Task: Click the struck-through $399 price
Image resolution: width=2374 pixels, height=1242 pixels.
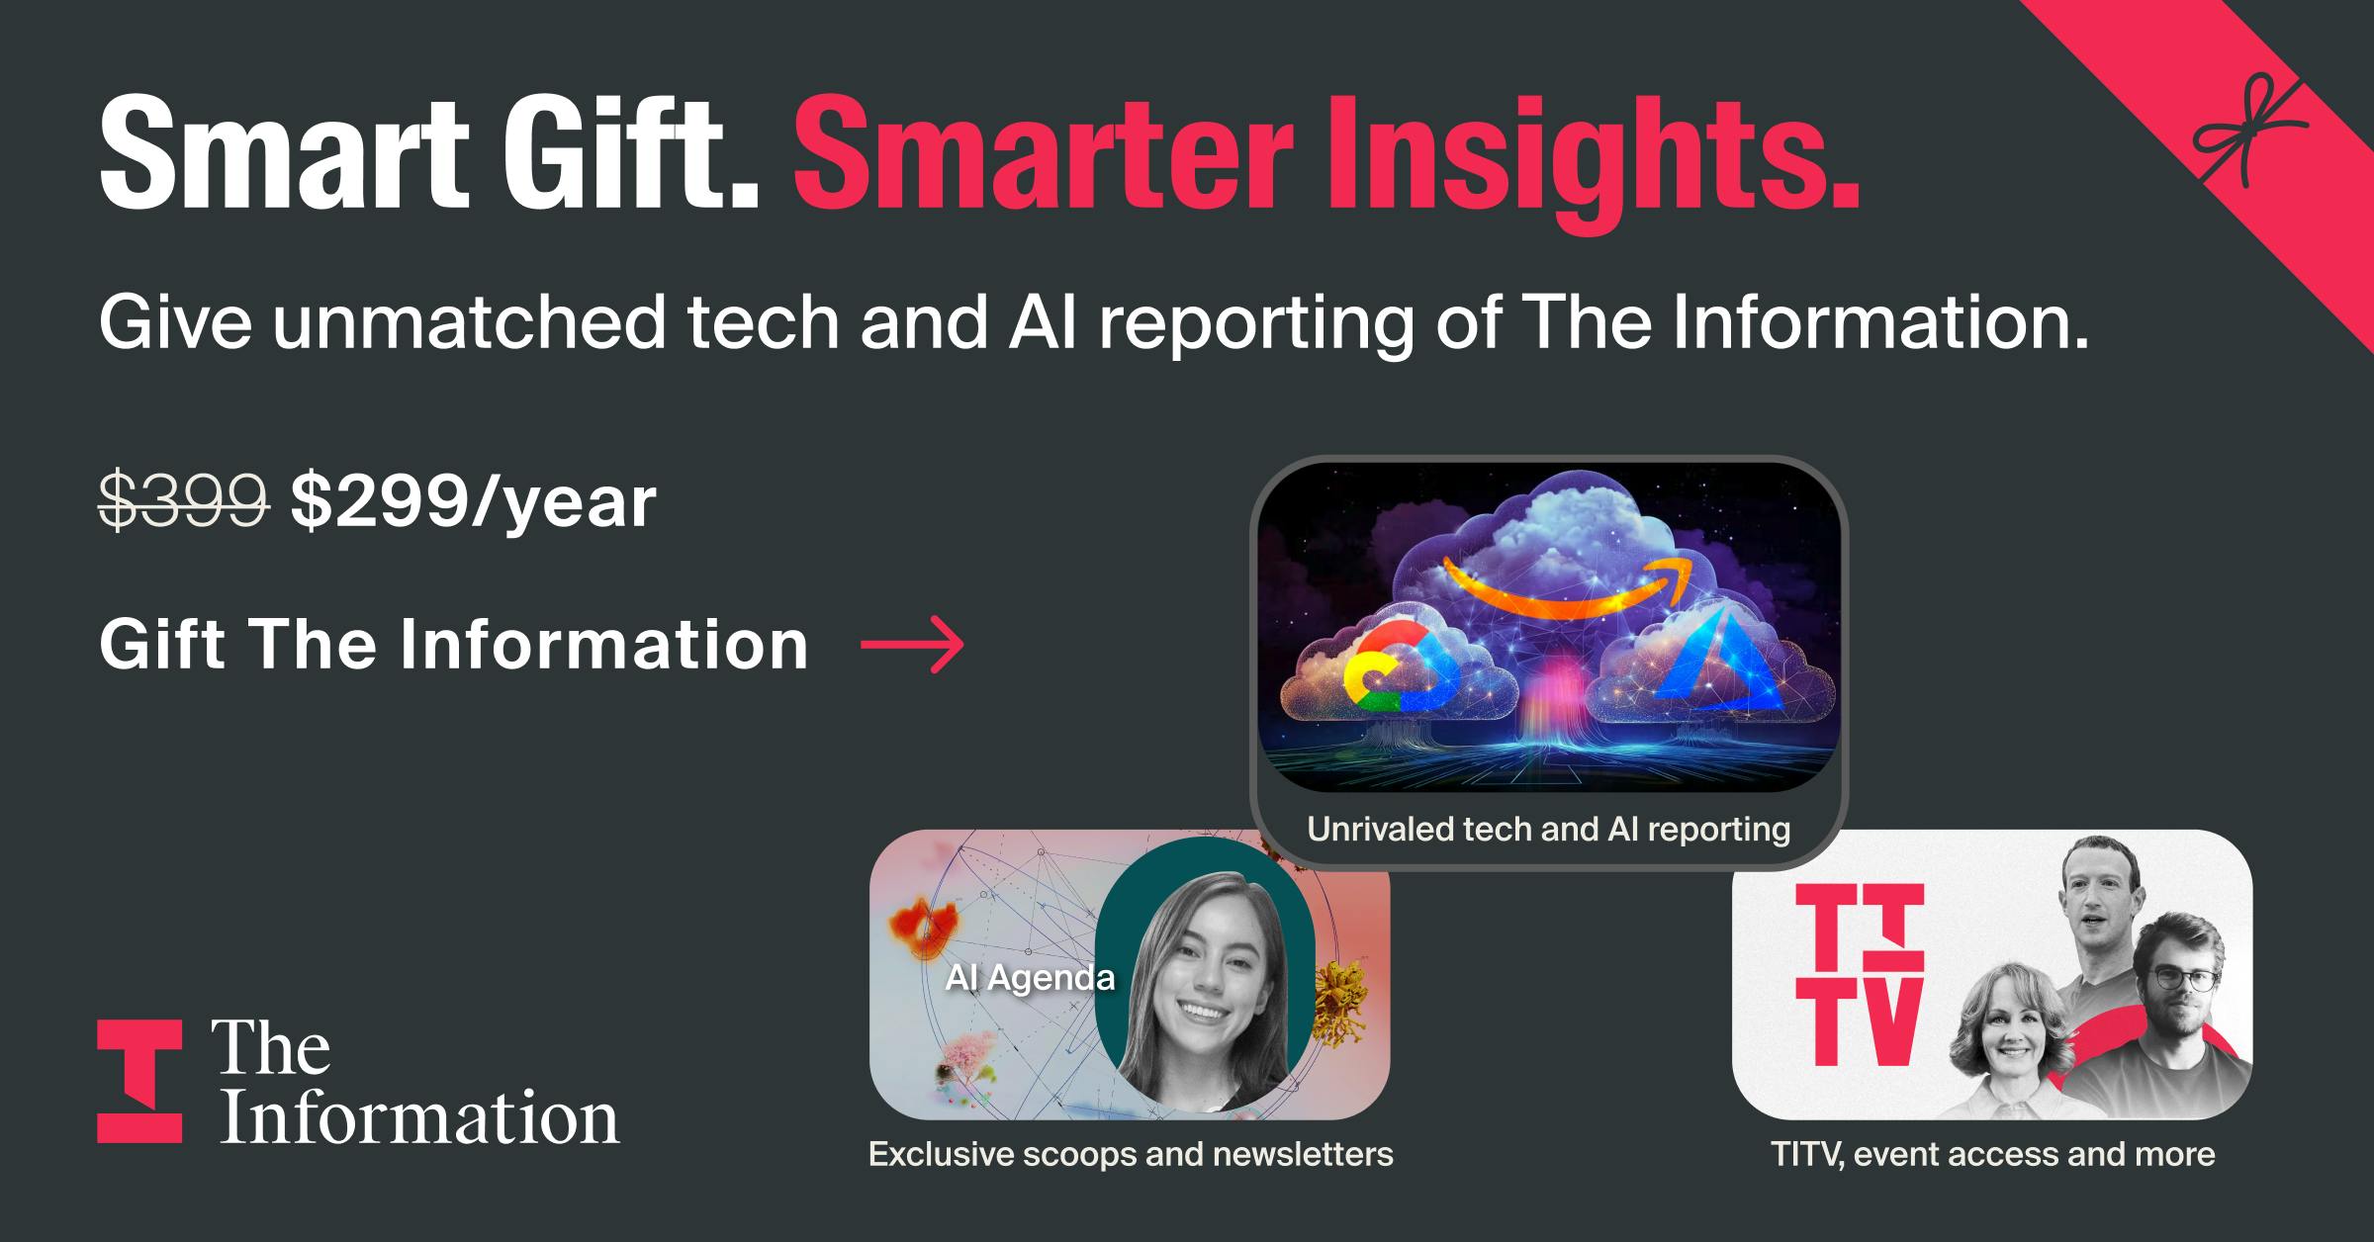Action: point(184,501)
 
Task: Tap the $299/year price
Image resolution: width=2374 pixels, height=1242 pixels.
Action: point(473,502)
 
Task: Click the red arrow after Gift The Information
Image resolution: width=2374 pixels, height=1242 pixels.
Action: point(912,645)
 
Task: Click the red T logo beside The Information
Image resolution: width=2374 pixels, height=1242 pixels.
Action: point(139,1081)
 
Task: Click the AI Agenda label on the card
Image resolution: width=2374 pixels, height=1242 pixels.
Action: point(1030,977)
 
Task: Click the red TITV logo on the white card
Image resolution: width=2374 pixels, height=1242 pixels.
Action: point(1860,974)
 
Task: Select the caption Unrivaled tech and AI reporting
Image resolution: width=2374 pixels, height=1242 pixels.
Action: point(1548,829)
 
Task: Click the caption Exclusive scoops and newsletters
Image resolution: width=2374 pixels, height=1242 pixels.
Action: point(1131,1154)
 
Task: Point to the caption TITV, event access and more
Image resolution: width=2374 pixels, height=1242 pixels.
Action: point(1992,1154)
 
